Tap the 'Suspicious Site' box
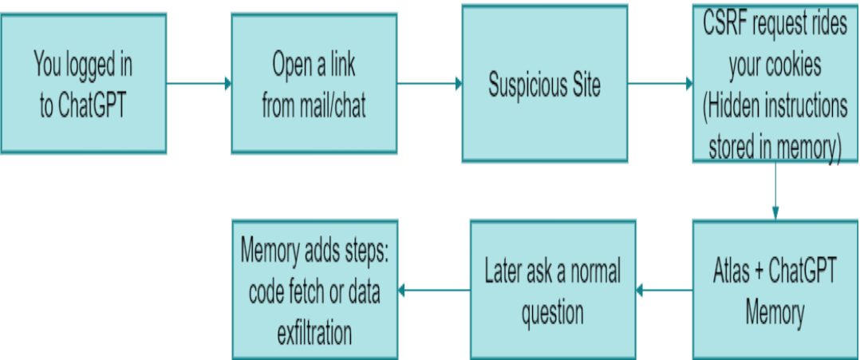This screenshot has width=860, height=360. coord(544,85)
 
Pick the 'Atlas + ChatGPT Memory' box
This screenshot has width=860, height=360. coord(775,290)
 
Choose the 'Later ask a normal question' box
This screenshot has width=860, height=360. coord(552,290)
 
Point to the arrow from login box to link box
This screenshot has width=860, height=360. coord(199,83)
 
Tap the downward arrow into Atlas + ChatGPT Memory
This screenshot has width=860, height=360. coord(775,192)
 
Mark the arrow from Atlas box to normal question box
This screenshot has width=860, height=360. coord(664,291)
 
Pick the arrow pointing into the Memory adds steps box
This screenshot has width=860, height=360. coord(434,291)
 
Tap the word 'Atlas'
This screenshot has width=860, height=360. coord(732,271)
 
